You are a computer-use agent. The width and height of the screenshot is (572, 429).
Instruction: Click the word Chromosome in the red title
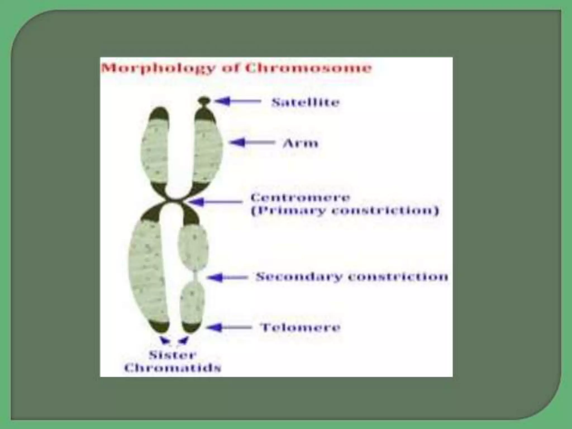(x=308, y=68)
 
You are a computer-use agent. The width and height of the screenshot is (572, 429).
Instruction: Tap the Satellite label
(x=306, y=102)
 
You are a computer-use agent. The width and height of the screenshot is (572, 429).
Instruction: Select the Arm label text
(x=300, y=144)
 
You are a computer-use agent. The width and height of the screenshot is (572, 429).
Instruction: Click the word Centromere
(x=300, y=198)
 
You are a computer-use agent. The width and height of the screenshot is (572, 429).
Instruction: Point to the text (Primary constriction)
(x=345, y=211)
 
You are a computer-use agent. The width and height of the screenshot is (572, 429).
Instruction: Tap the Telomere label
(x=300, y=327)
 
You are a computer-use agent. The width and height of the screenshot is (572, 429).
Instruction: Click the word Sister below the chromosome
(x=173, y=355)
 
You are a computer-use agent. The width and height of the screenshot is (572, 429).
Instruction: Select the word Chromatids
(x=173, y=368)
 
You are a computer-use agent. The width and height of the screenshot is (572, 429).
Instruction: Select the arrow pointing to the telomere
(x=229, y=327)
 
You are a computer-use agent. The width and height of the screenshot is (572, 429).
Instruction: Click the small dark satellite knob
(x=204, y=100)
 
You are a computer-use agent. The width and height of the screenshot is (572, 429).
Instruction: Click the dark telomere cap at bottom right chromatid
(x=191, y=327)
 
